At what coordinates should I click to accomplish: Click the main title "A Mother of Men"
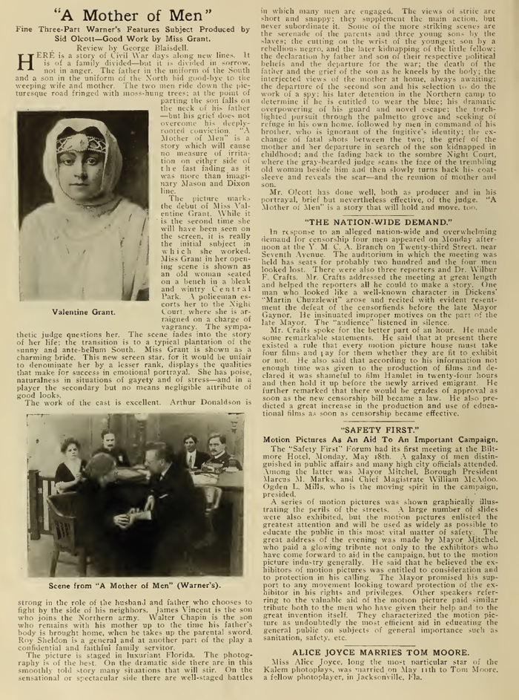[130, 16]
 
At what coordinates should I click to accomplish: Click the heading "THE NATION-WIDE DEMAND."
[380, 221]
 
